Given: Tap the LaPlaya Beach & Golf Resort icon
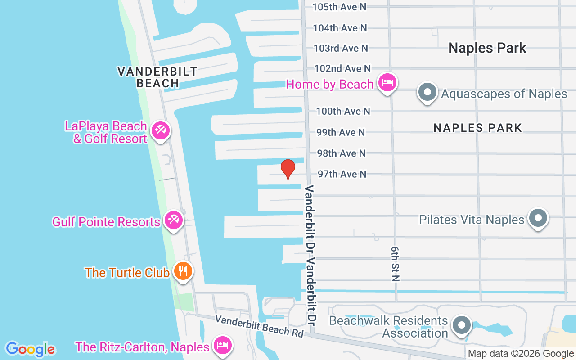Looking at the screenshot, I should pyautogui.click(x=160, y=130).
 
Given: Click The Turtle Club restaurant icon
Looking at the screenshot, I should pyautogui.click(x=183, y=271).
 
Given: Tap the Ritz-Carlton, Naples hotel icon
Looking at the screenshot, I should pyautogui.click(x=222, y=346).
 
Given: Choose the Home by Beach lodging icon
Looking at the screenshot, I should pyautogui.click(x=387, y=83).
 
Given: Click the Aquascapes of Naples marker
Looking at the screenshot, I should pyautogui.click(x=427, y=93).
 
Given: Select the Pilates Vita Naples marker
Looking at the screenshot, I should pyautogui.click(x=538, y=219).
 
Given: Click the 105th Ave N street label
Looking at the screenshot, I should pyautogui.click(x=340, y=7).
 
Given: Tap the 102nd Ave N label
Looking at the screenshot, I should pyautogui.click(x=342, y=68).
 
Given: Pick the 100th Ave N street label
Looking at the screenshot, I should pyautogui.click(x=343, y=111).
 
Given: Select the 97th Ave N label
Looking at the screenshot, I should pyautogui.click(x=342, y=174).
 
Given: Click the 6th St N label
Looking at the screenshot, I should pyautogui.click(x=395, y=264).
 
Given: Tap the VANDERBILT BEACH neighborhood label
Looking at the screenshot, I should pyautogui.click(x=157, y=77).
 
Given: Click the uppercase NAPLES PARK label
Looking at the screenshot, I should pyautogui.click(x=477, y=128).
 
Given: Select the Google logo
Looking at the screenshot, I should pyautogui.click(x=30, y=349).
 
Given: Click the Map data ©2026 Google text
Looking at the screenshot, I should pyautogui.click(x=521, y=354).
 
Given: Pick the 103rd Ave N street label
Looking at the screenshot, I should pyautogui.click(x=341, y=48).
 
